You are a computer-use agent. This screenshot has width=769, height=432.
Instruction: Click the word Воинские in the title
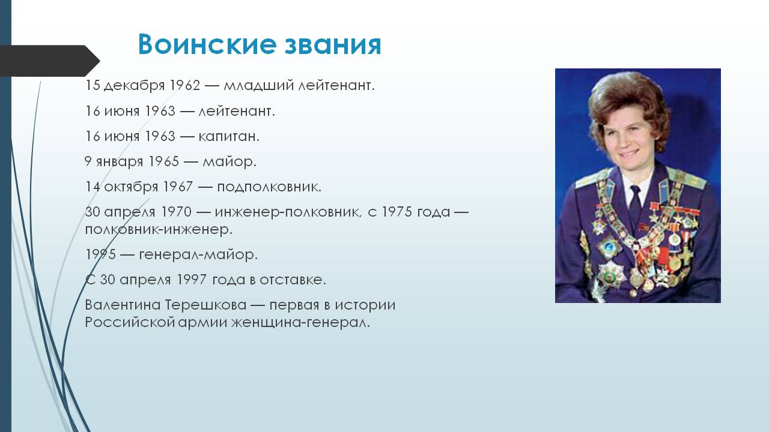[x=207, y=44]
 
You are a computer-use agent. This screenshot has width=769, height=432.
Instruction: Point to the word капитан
[x=229, y=136]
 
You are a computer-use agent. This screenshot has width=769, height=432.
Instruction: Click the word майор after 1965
[x=229, y=162]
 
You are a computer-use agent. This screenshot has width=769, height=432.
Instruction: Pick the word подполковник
[x=269, y=187]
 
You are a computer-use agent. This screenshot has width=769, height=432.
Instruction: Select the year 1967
[x=178, y=187]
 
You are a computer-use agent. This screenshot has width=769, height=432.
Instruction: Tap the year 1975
[x=397, y=212]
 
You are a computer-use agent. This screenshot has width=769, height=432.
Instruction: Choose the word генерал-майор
[x=198, y=255]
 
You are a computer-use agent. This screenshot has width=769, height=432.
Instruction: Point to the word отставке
[x=293, y=280]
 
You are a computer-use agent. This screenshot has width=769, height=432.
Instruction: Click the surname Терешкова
[x=205, y=305]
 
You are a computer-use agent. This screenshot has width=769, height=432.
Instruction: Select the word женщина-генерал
[x=300, y=323]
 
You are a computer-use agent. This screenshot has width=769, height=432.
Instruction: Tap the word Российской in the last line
[x=130, y=323]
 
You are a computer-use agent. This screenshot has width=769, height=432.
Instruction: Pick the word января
[x=120, y=162]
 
